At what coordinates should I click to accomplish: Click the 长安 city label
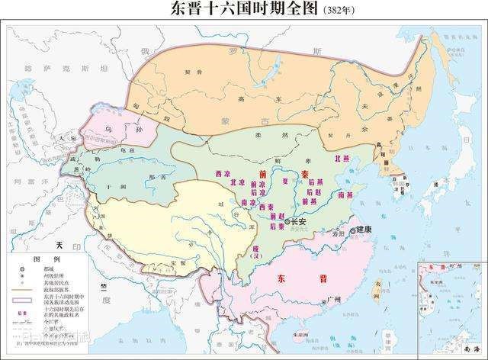click(x=296, y=221)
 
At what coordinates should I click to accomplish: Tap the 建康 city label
click(x=363, y=230)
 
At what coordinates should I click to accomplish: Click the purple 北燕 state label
click(x=344, y=158)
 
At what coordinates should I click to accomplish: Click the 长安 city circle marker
click(x=287, y=221)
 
